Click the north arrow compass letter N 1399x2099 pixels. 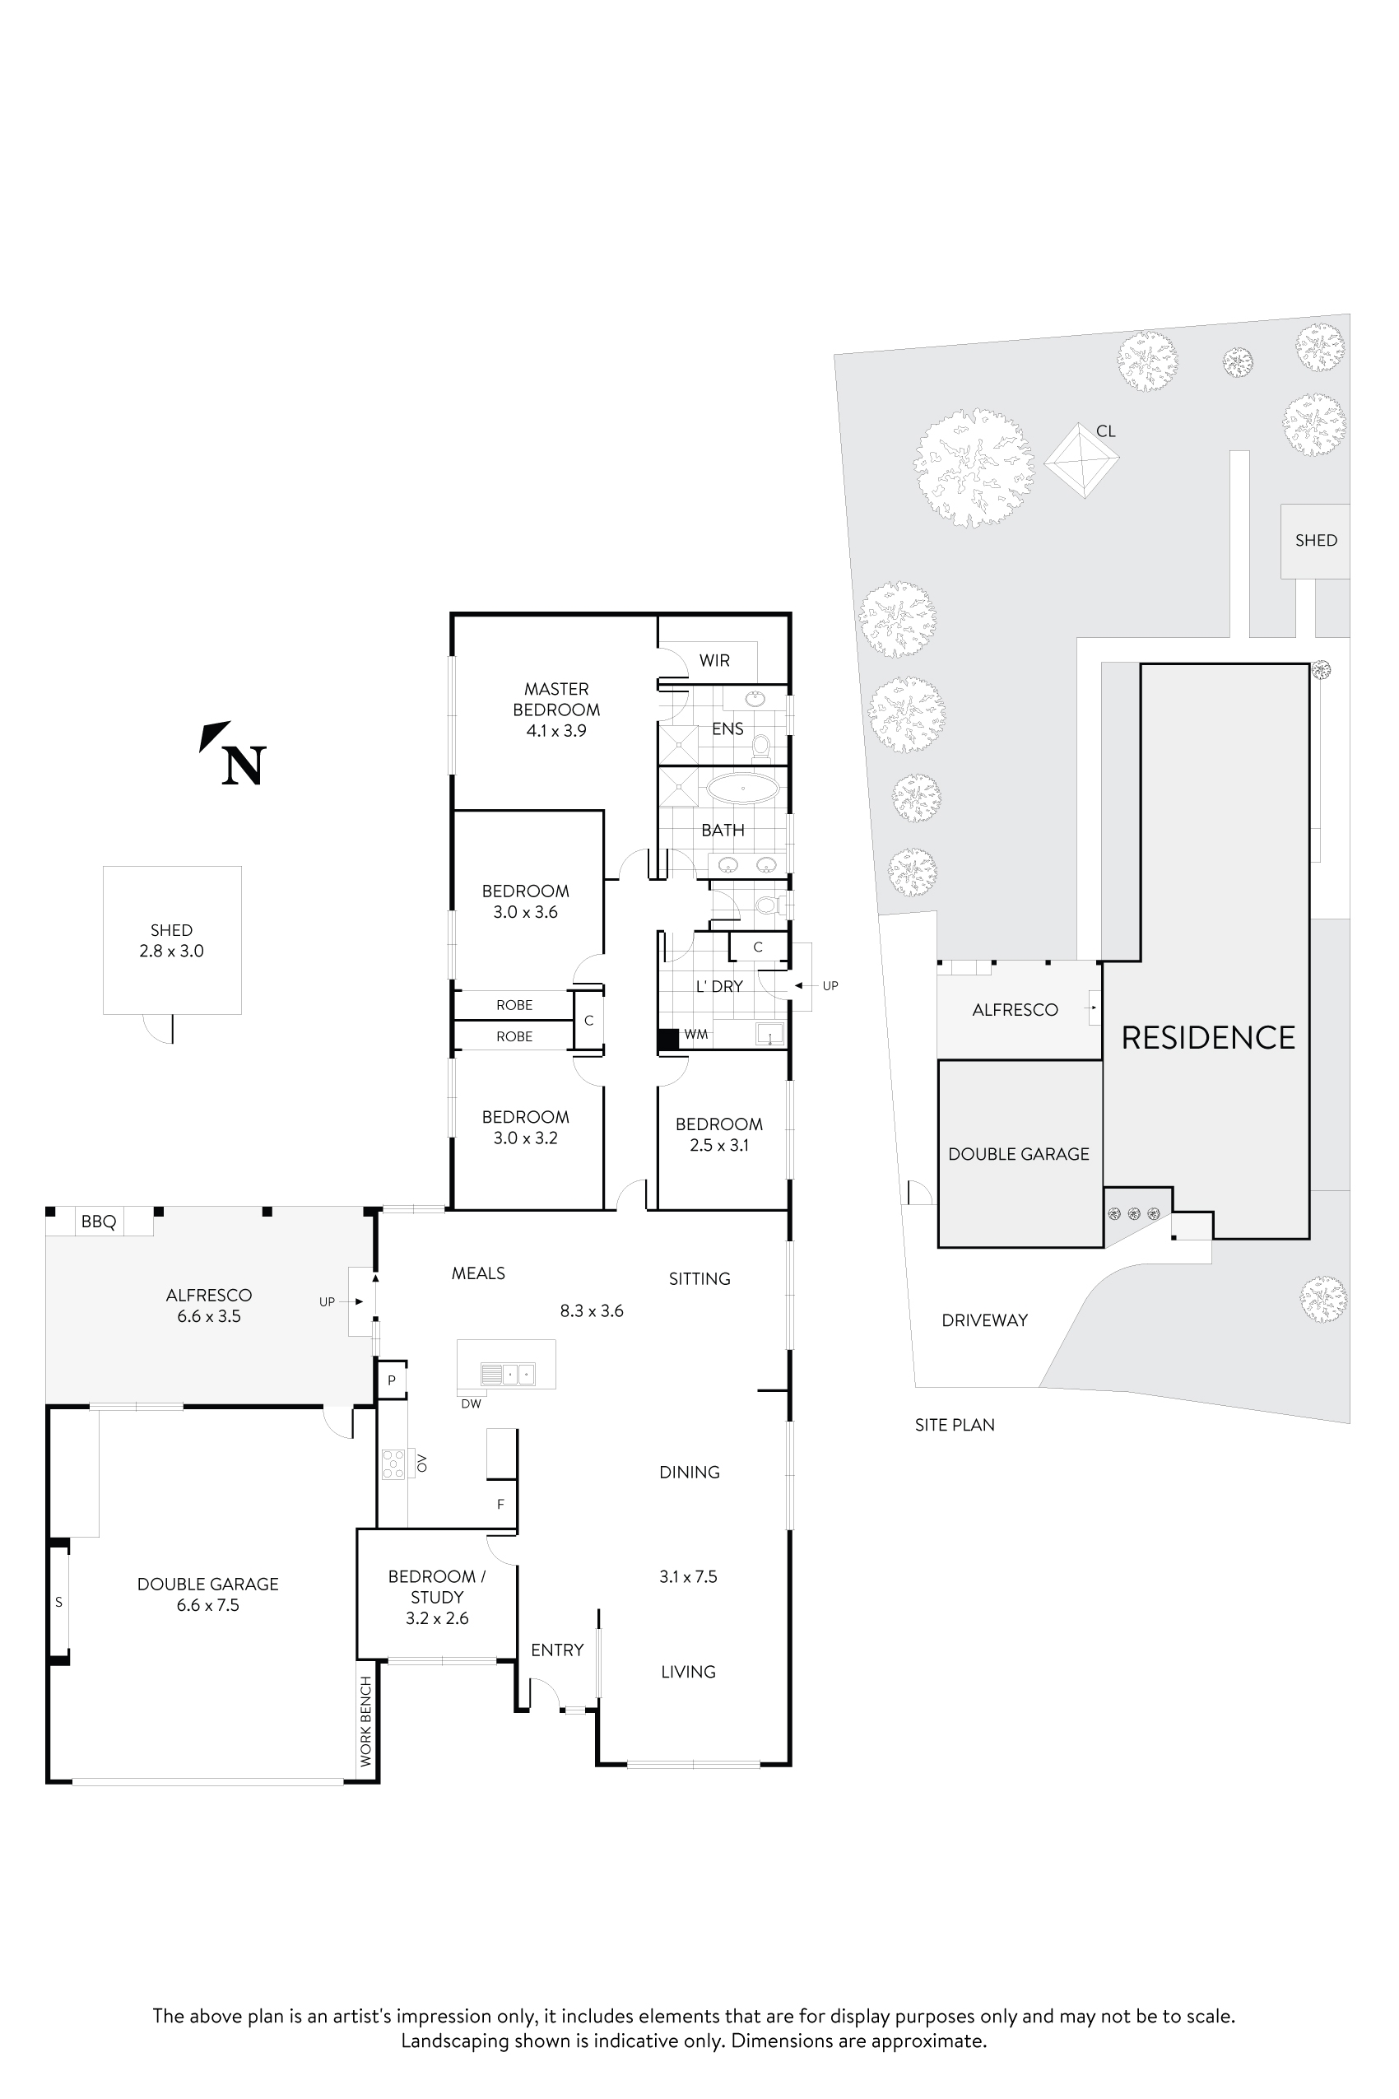pyautogui.click(x=244, y=765)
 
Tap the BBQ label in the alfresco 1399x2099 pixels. pyautogui.click(x=98, y=1222)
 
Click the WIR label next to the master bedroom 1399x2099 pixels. pyautogui.click(x=713, y=660)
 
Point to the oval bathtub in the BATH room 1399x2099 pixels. pyautogui.click(x=742, y=789)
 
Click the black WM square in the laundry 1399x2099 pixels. pyautogui.click(x=667, y=1040)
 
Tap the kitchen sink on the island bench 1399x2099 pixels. pyautogui.click(x=507, y=1374)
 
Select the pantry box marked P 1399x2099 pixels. pyautogui.click(x=391, y=1380)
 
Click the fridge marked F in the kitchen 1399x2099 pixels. pyautogui.click(x=500, y=1504)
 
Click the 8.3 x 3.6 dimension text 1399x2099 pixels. pyautogui.click(x=592, y=1311)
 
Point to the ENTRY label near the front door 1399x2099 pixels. pyautogui.click(x=557, y=1650)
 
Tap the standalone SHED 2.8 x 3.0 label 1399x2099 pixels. pyautogui.click(x=171, y=941)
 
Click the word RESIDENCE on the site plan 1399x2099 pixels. pyautogui.click(x=1207, y=1038)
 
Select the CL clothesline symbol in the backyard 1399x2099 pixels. pyautogui.click(x=1081, y=460)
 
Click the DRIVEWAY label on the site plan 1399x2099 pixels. pyautogui.click(x=984, y=1320)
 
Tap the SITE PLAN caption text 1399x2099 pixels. pyautogui.click(x=954, y=1425)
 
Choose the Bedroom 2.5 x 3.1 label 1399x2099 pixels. pyautogui.click(x=718, y=1134)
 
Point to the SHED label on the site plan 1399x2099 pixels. pyautogui.click(x=1315, y=540)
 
